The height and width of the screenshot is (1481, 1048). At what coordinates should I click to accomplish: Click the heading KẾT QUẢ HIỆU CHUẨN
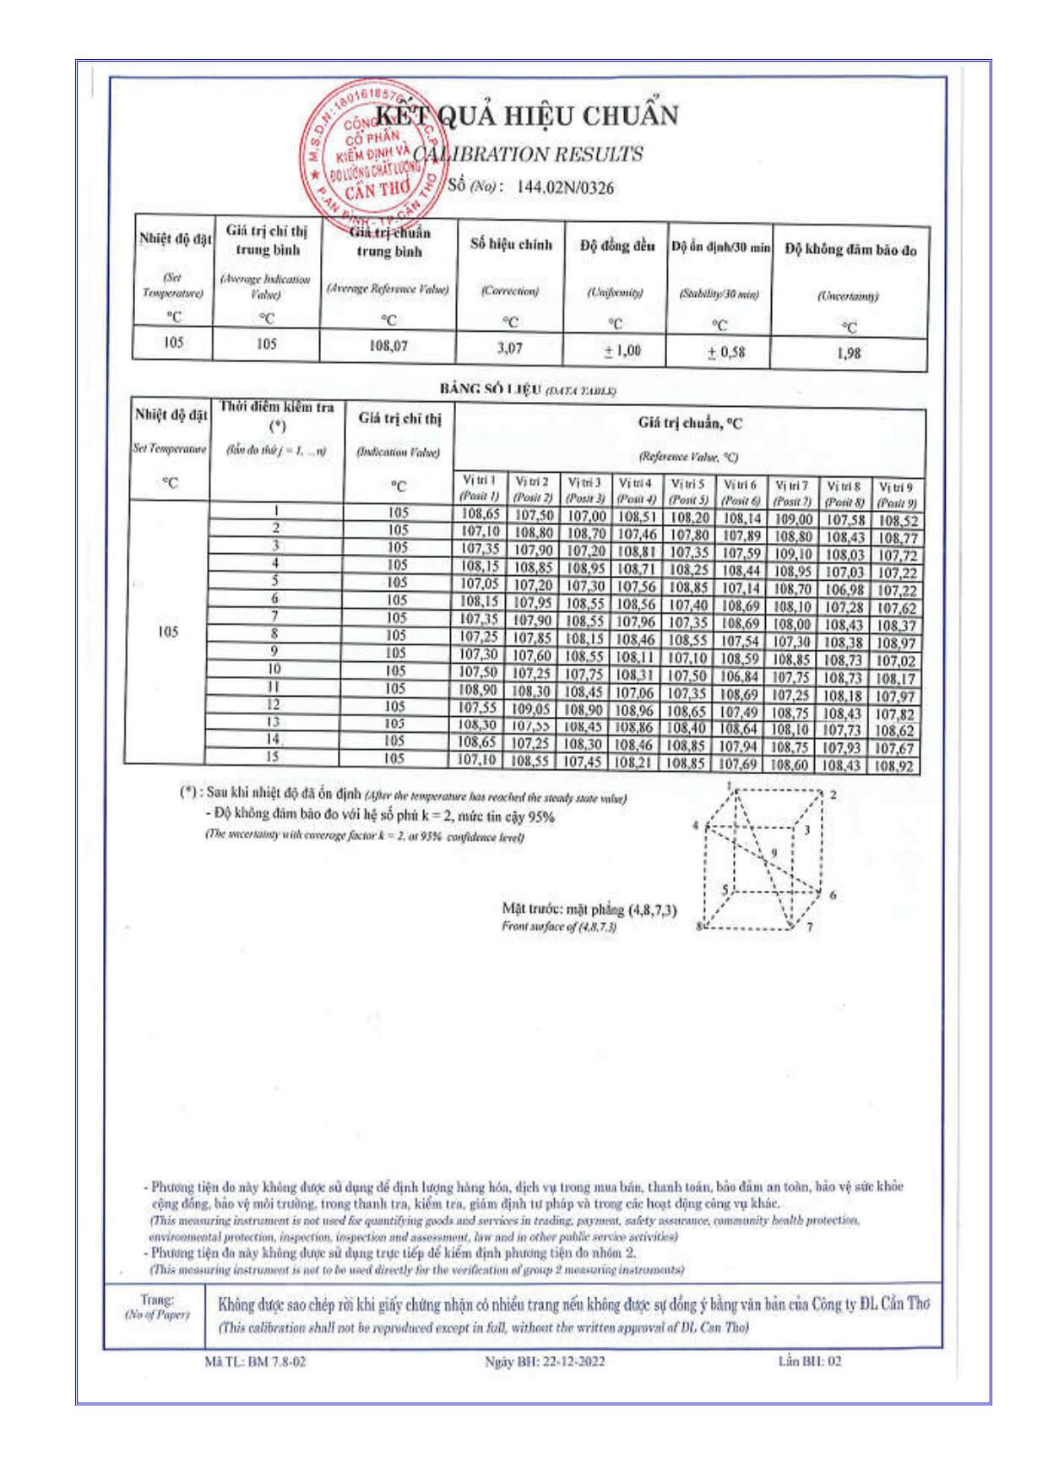point(526,116)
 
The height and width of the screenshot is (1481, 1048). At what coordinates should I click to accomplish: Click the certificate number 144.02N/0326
point(565,187)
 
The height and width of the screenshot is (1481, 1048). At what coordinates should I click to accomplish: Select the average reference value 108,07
point(388,346)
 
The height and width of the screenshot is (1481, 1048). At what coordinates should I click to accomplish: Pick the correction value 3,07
point(509,348)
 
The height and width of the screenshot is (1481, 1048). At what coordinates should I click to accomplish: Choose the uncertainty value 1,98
point(849,353)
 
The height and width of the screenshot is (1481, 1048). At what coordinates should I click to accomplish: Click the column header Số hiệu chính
point(511,244)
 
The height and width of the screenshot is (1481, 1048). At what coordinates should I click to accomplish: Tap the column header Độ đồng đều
point(616,246)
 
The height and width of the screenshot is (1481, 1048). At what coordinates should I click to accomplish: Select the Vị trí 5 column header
point(687,491)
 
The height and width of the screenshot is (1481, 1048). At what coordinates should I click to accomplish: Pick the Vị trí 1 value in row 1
point(480,513)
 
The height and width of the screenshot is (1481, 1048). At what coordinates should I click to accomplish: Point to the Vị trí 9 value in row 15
point(894,767)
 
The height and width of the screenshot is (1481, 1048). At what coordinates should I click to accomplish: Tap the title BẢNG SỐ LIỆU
point(491,388)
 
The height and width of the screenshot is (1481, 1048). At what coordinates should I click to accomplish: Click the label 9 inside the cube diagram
point(774,854)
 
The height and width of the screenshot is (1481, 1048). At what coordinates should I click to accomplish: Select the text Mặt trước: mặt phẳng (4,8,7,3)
point(589,909)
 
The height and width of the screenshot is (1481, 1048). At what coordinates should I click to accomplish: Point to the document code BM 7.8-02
point(276,1361)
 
